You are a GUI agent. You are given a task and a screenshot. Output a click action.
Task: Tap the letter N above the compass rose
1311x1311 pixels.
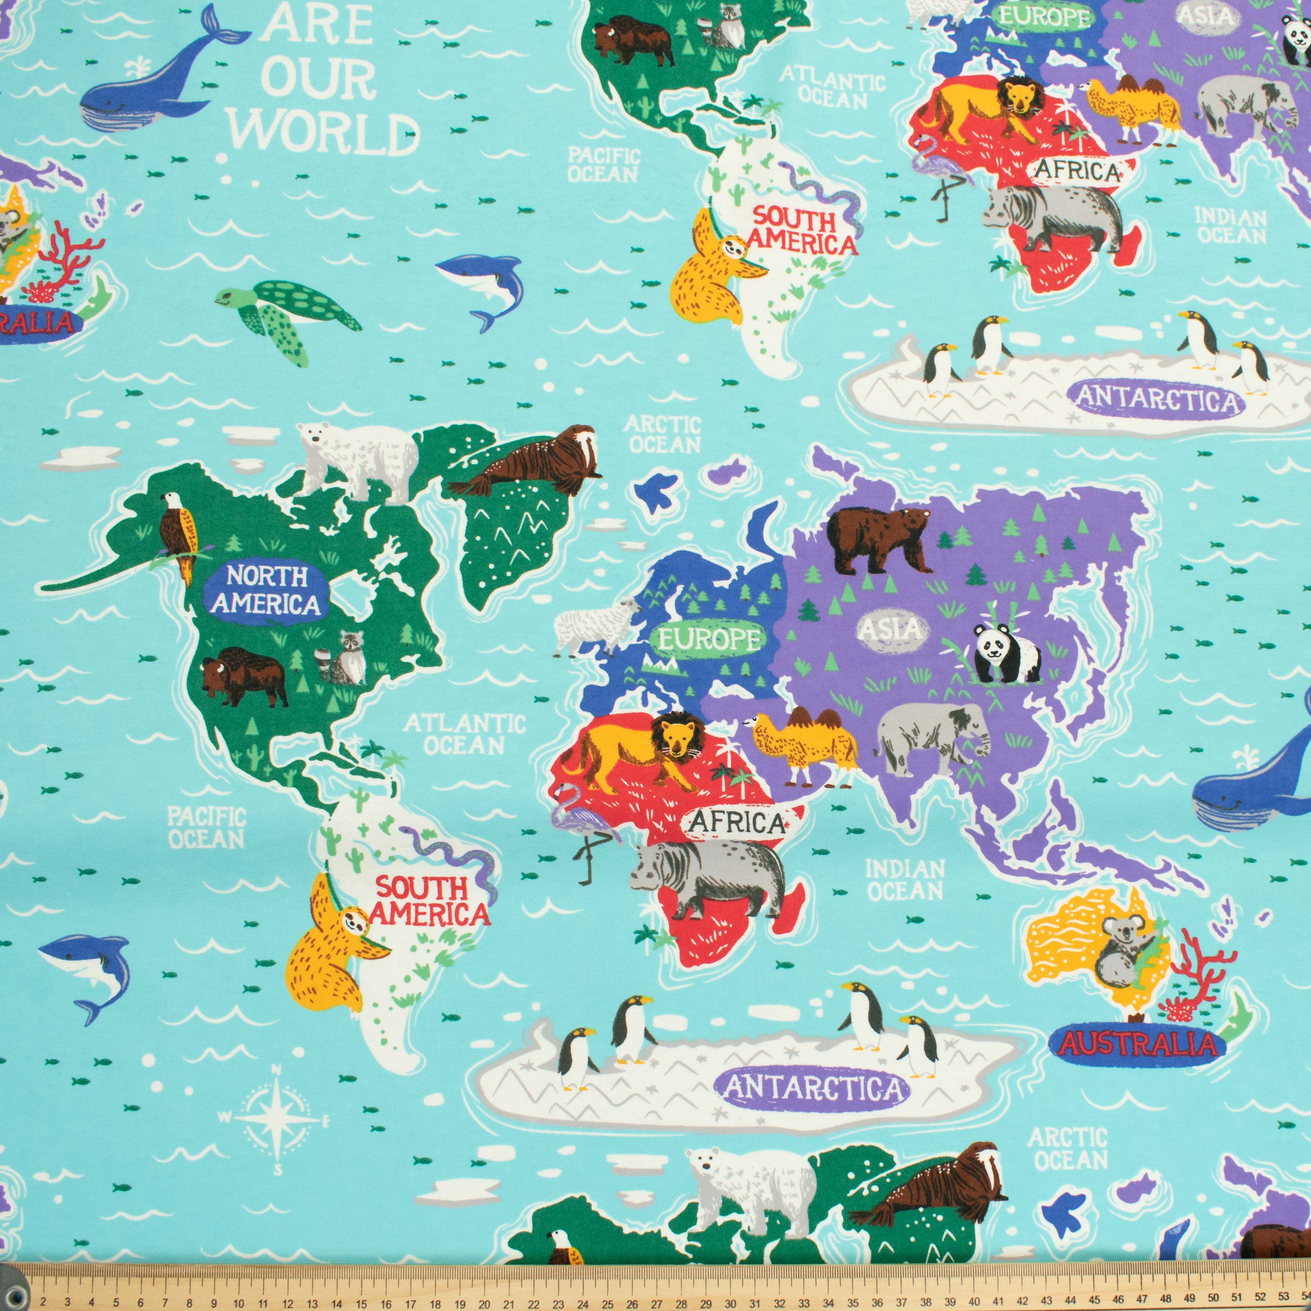[277, 1071]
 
